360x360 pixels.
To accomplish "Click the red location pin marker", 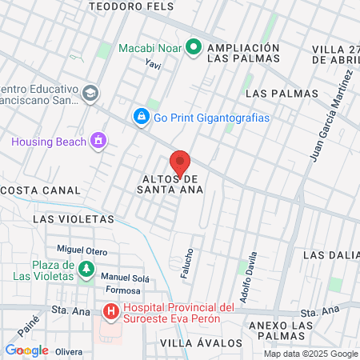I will coord(180,162).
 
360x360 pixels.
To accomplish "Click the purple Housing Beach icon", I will coord(98,142).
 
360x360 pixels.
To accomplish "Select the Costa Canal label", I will coord(42,190).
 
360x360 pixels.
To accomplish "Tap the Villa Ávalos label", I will coord(200,342).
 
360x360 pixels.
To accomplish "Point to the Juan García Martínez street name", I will coord(331,117).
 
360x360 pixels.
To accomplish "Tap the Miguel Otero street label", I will coord(82,250).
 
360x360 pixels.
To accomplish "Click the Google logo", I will coord(26,350).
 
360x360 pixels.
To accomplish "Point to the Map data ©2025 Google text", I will coord(311,354).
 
